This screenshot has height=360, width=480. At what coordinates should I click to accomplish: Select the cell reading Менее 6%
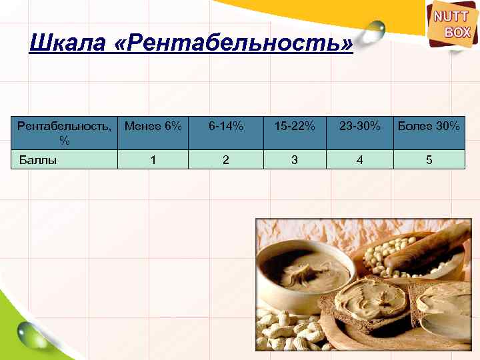[x=153, y=125]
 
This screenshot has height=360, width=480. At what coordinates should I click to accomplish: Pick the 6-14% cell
[x=226, y=125]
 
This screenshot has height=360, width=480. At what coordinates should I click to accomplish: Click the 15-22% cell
[x=293, y=125]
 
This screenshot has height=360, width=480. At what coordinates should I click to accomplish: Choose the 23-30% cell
[x=360, y=125]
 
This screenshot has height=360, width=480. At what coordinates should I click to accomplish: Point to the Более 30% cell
[x=429, y=125]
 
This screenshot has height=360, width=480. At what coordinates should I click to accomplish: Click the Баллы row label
[x=37, y=160]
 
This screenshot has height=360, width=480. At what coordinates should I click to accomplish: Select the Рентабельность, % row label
[x=64, y=132]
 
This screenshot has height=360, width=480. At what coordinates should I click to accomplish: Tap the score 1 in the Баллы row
[x=153, y=160]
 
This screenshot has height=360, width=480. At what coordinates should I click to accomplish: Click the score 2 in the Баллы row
[x=226, y=160]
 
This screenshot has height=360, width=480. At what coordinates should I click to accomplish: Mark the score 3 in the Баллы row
[x=293, y=160]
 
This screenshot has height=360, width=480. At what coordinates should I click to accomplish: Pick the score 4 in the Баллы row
[x=360, y=160]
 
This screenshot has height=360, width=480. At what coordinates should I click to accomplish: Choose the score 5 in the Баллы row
[x=429, y=160]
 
